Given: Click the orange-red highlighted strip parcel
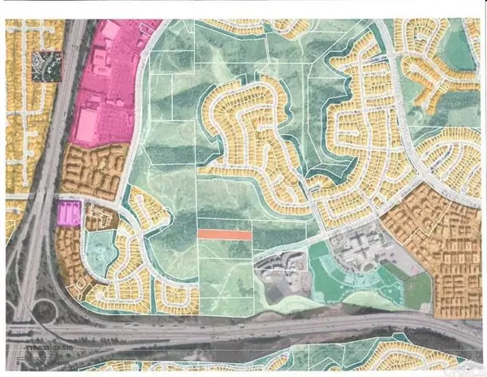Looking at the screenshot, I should click(224, 233).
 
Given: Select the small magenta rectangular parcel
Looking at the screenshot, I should click(68, 214).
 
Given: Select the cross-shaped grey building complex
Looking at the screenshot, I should click(354, 245).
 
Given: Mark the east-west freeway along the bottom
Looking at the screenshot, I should click(243, 329).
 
